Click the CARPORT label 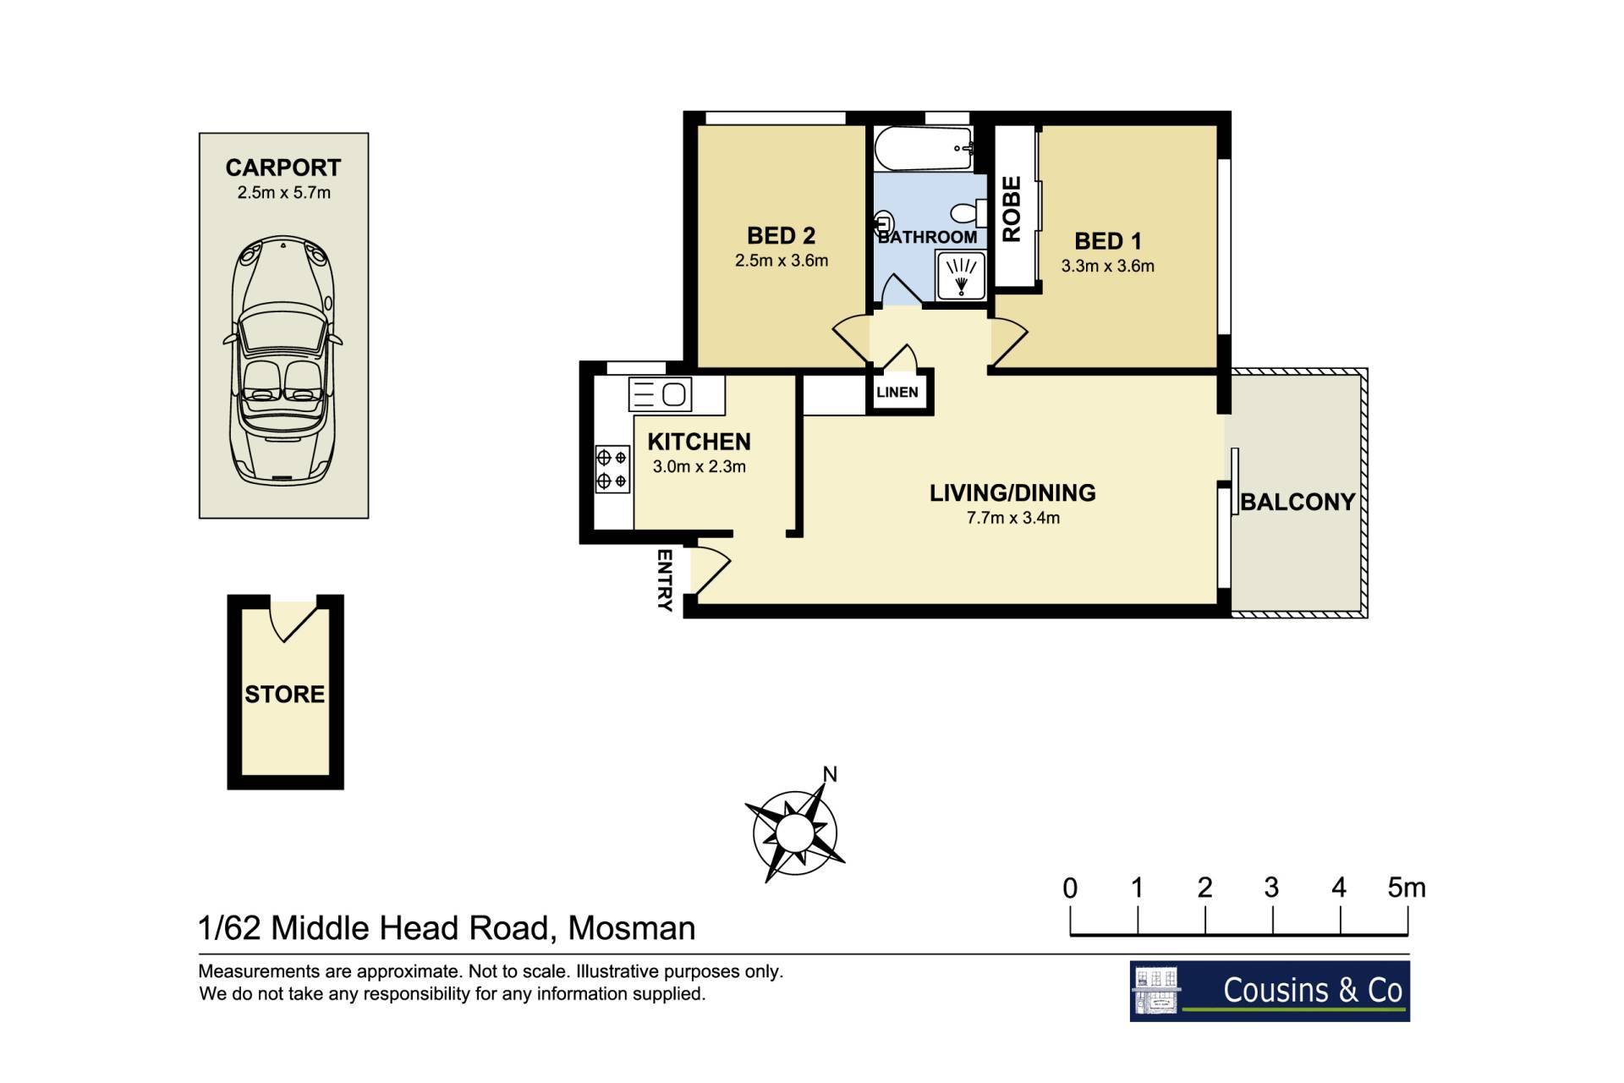point(283,168)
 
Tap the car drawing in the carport point(283,360)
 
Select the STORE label point(285,695)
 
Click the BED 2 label point(781,235)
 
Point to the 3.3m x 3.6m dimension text point(1108,266)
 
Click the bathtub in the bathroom point(924,148)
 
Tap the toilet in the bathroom point(969,212)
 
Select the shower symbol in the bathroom point(961,276)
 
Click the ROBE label point(1012,209)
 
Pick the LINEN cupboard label point(897,393)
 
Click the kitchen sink point(661,394)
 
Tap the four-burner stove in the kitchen point(612,470)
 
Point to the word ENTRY point(665,580)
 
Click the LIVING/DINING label point(1012,493)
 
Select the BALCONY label point(1298,503)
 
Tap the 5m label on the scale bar point(1407,888)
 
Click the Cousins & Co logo point(1270,991)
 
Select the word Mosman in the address point(632,929)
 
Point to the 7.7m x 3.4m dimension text point(1013,519)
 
